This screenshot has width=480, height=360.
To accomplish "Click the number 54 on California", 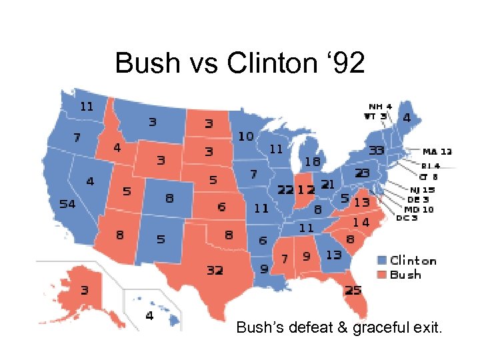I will pos(67,204).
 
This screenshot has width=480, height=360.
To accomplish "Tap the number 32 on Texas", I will pos(215,271).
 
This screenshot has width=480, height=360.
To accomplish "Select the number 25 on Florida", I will pos(353,290).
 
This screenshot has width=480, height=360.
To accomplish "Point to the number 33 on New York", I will pos(377,151).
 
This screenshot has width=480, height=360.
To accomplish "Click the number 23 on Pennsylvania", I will pos(362,173).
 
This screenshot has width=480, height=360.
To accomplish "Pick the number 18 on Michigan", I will pos(312,161).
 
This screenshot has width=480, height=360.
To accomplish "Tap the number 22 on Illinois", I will pos(286,190).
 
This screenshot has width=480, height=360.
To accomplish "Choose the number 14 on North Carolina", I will pos(361,222).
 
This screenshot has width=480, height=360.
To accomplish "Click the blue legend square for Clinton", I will pos(382,261).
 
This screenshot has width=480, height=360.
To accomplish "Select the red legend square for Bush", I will pos(382,275).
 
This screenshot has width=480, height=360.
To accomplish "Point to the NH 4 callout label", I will pos(380,106).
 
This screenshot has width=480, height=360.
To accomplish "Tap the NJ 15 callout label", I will pos(423,190).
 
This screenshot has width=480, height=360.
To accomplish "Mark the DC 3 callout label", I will pos(407,218).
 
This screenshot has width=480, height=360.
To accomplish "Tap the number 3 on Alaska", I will pos(85,291).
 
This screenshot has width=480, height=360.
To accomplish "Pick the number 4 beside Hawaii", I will pos(149,315).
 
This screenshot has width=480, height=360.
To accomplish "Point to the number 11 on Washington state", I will pos(87,106).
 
